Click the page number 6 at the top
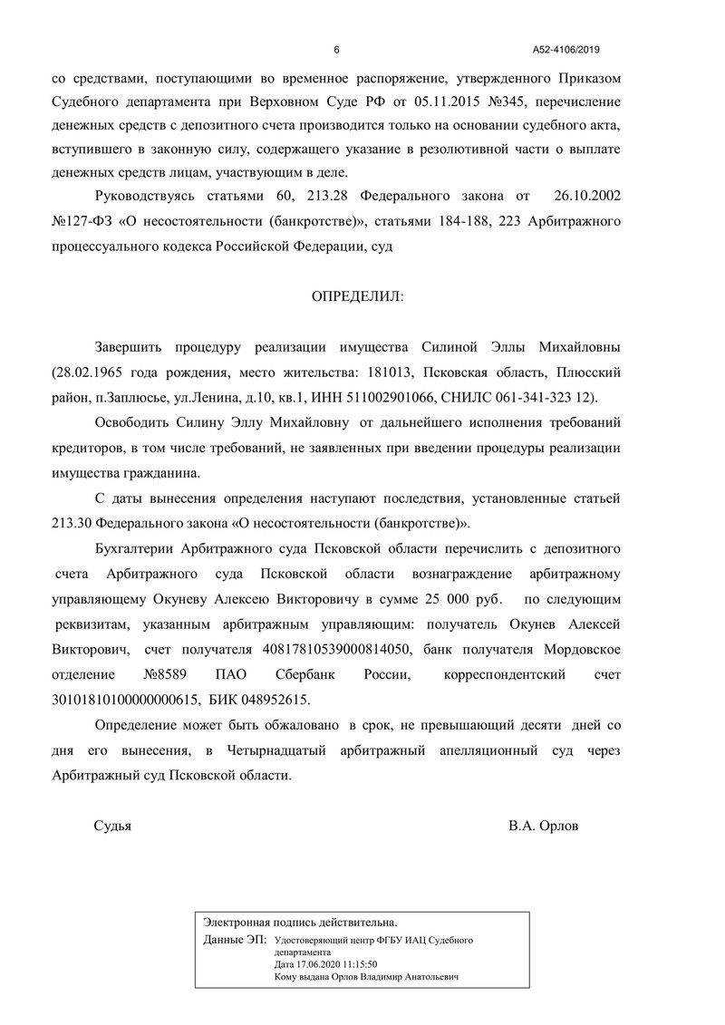[x=336, y=49]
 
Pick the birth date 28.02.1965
[x=92, y=373]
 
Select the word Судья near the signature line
[x=113, y=826]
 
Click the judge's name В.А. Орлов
[x=543, y=826]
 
